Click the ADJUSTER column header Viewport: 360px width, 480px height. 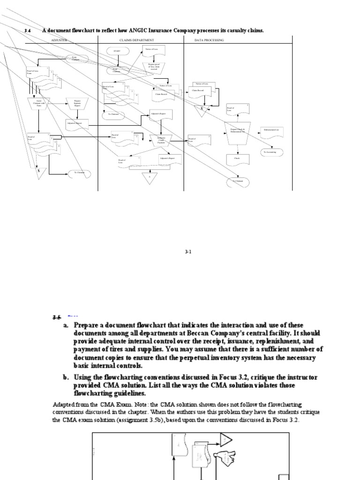[59, 40]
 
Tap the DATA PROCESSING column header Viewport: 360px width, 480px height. [209, 40]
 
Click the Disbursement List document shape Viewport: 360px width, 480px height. [272, 131]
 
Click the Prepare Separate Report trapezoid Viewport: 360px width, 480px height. [77, 103]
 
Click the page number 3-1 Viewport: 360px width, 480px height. [188, 252]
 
